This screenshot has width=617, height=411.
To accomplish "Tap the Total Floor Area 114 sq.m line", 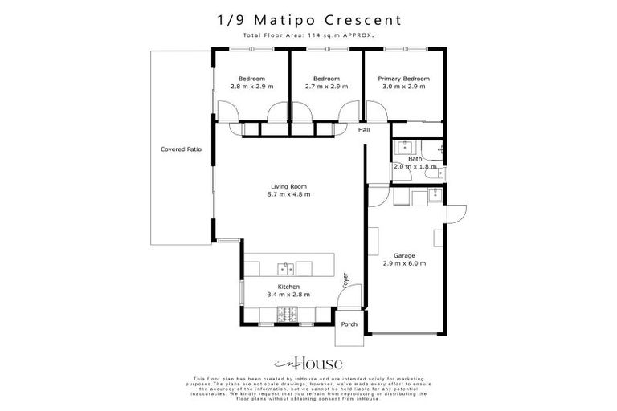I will click(308, 36).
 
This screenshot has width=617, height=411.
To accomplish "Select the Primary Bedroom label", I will click(403, 79).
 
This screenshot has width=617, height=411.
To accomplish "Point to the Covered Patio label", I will click(181, 149).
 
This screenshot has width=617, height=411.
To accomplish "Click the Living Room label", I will click(288, 186).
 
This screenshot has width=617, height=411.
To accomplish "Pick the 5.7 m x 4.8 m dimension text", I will click(288, 194).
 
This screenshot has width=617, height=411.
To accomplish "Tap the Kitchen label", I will click(288, 287).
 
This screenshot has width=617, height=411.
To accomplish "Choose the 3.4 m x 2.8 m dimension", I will click(288, 295).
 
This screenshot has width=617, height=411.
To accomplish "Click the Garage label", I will click(404, 254).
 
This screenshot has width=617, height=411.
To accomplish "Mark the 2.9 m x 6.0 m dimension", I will click(404, 262).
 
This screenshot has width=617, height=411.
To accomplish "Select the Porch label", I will click(349, 324).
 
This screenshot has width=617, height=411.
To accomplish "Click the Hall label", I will click(364, 130).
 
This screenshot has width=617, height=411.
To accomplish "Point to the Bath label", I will click(415, 159).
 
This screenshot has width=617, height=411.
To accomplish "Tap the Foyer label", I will click(346, 280).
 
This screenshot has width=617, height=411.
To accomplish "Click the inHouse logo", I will click(308, 362).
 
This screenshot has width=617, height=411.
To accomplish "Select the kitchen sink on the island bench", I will click(285, 267).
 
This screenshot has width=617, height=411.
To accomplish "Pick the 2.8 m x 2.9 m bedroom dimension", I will click(251, 86).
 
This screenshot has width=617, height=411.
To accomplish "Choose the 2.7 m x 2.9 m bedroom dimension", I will click(326, 86).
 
